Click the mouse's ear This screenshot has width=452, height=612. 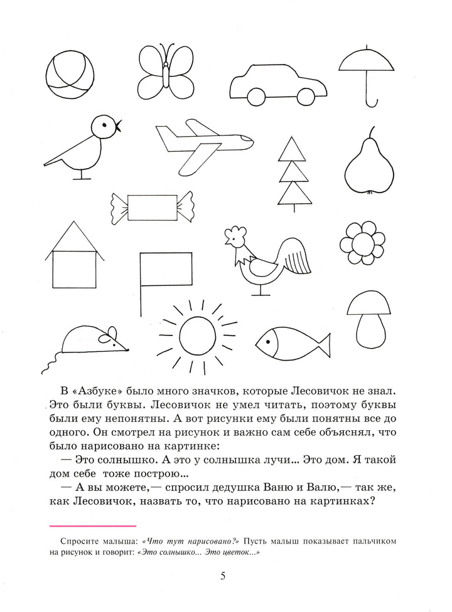click(x=111, y=333)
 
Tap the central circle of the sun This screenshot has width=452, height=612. click(x=198, y=334)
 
